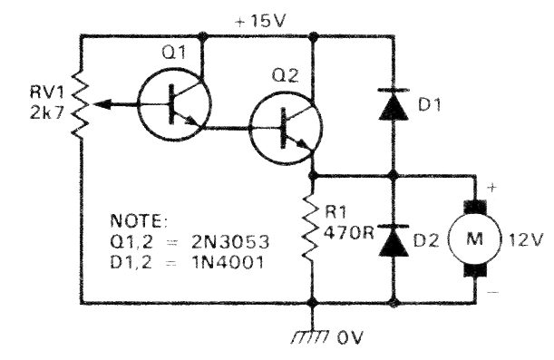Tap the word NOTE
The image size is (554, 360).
point(134,221)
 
